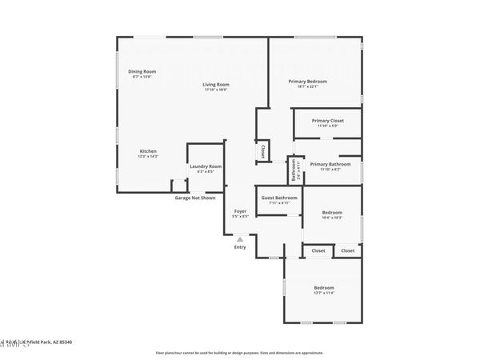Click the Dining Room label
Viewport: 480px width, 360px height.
tap(142, 71)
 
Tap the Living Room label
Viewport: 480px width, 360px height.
tap(215, 84)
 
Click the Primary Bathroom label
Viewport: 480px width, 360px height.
tap(326, 164)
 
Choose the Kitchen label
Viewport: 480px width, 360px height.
tap(148, 151)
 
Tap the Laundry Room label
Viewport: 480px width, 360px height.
tap(206, 166)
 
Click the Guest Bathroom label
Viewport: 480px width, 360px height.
tap(280, 198)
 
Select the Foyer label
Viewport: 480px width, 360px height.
tap(240, 211)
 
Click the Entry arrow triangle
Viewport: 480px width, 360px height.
tap(240, 238)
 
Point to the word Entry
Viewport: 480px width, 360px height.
tap(240, 246)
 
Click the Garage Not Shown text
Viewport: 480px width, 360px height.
tap(195, 198)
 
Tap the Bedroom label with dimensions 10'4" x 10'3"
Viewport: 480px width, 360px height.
tap(332, 213)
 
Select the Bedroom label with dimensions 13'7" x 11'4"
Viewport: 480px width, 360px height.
tap(324, 288)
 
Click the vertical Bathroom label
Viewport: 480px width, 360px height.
tap(294, 169)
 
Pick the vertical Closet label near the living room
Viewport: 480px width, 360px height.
tap(263, 150)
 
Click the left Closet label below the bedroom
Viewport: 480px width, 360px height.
tap(318, 250)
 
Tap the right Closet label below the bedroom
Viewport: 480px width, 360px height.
tap(347, 250)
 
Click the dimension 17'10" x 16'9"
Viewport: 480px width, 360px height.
tap(216, 90)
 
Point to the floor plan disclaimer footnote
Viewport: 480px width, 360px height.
tap(240, 352)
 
